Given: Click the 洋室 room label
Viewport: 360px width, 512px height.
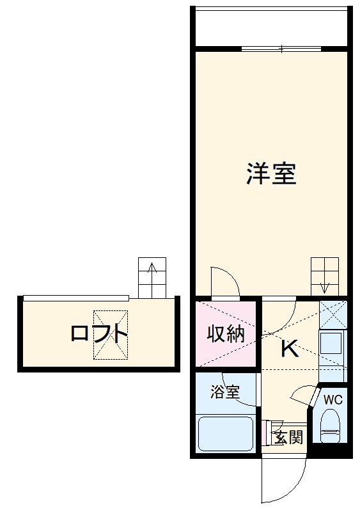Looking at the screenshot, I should point(271,173).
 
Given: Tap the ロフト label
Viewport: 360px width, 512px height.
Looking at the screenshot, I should point(99,333).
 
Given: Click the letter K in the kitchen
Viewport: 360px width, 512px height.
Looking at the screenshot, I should point(289,349).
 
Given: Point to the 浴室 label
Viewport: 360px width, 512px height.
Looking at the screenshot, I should point(225,392).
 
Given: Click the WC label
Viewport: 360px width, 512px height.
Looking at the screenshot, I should point(333,400).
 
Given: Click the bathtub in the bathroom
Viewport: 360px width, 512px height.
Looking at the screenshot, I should point(226,433).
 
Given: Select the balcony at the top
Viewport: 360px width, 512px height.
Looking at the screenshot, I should point(271,27).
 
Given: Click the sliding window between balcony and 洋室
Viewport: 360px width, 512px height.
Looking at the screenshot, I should point(281,49).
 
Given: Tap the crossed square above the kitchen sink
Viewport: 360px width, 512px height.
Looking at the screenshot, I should point(333,314).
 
